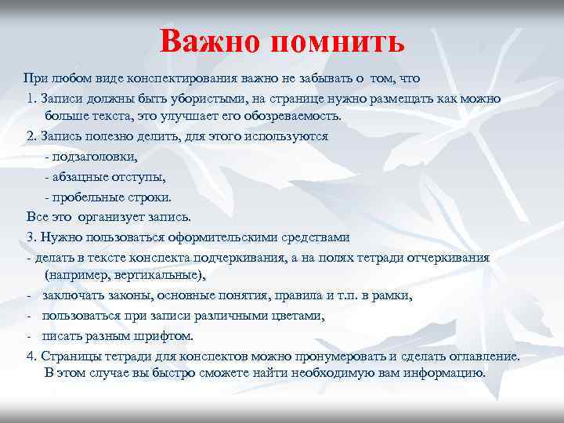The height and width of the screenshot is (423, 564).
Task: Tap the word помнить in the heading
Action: point(338,40)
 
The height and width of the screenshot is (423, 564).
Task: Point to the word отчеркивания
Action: point(443,257)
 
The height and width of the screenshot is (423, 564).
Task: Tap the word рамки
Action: point(392,295)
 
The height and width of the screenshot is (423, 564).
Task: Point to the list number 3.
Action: point(31,237)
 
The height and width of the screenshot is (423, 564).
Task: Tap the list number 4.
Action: point(31,356)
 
